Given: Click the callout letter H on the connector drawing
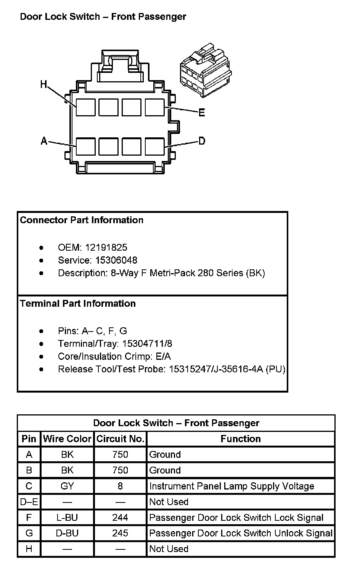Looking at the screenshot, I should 43,84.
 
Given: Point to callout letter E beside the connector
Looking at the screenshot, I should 202,113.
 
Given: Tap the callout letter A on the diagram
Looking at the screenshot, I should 44,141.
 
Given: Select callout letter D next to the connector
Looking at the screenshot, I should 202,141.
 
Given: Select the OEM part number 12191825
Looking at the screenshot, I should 106,247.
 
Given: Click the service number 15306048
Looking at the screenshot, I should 116,260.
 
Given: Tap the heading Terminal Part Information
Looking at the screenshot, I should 78,303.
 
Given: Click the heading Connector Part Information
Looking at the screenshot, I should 82,220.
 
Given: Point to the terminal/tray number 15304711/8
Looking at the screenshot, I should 147,344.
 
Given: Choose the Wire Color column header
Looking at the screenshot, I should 67,439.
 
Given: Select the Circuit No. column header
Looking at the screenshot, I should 120,439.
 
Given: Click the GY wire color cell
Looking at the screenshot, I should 67,486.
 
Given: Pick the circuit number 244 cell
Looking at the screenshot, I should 120,517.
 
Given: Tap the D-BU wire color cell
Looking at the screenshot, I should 67,533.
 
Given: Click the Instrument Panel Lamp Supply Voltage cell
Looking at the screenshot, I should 231,486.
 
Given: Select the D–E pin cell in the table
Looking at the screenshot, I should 29,502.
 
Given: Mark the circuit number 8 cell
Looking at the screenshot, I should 120,486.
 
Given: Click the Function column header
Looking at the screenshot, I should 241,439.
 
